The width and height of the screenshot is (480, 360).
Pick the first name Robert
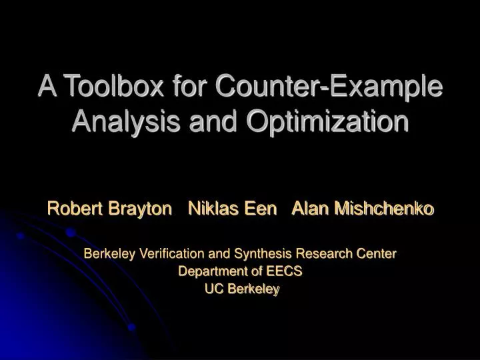[72, 209]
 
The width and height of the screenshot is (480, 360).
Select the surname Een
[261, 209]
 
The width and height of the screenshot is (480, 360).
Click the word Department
[209, 271]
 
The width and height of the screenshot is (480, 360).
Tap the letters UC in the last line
[213, 289]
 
